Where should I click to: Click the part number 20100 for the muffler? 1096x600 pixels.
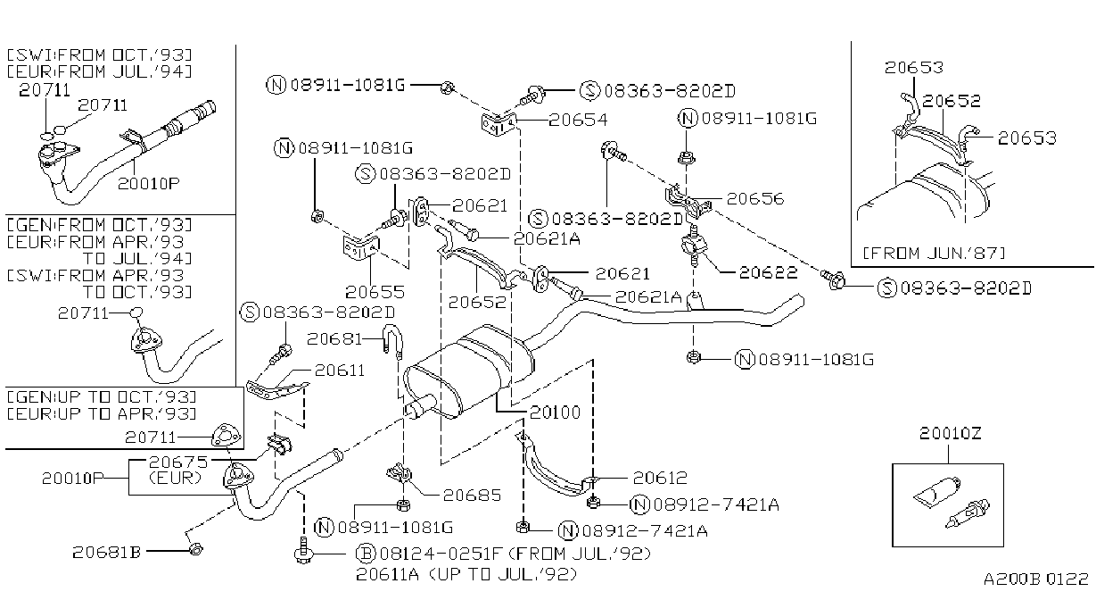[x=555, y=412]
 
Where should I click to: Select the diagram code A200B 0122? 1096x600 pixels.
[x=1036, y=579]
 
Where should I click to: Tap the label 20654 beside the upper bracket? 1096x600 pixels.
[x=578, y=120]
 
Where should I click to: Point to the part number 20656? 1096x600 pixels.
[x=755, y=199]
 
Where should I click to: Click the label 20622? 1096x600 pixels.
[x=768, y=273]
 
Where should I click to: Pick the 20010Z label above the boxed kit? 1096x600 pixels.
[x=950, y=433]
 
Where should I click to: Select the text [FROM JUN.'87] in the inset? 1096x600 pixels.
[x=934, y=254]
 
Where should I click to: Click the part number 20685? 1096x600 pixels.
[x=472, y=496]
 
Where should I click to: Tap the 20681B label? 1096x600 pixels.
[x=107, y=553]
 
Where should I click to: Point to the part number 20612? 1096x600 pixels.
[x=660, y=478]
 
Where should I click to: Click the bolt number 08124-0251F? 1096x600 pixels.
[x=441, y=554]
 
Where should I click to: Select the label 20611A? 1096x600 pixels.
[x=388, y=574]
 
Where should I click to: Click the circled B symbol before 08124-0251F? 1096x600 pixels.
[x=365, y=554]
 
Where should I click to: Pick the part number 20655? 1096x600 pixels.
[x=375, y=292]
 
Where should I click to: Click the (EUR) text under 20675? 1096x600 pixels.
[x=175, y=478]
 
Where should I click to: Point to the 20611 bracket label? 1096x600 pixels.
[x=340, y=371]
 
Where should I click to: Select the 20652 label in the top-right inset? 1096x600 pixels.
[x=952, y=102]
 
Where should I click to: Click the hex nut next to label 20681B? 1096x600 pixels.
[x=195, y=549]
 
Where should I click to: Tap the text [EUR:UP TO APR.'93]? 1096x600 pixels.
[x=102, y=414]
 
